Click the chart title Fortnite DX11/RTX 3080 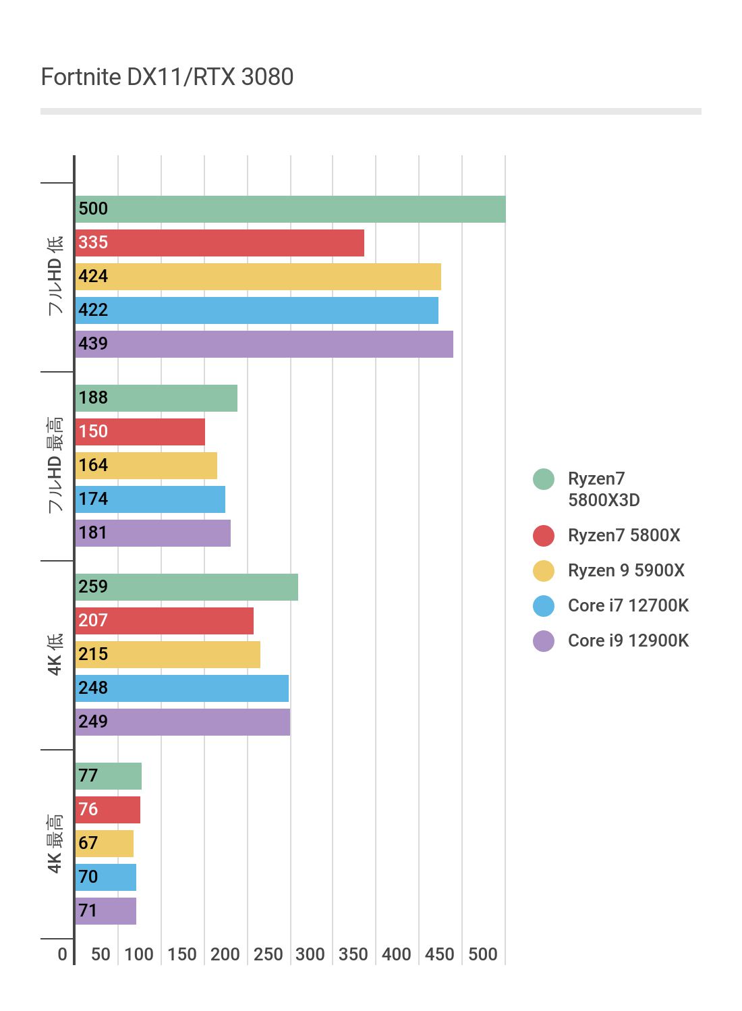[x=167, y=77]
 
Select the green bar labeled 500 [x=290, y=209]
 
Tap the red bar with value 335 [x=219, y=243]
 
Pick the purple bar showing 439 [x=264, y=344]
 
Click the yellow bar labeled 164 [x=146, y=466]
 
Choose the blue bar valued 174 [x=150, y=499]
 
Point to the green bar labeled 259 [x=186, y=587]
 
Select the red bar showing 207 [x=164, y=621]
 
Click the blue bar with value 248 [x=181, y=688]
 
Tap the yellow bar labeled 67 [x=104, y=844]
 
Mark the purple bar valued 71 [x=105, y=911]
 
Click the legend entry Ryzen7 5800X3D [x=603, y=489]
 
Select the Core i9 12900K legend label [x=628, y=640]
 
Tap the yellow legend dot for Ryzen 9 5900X [x=544, y=571]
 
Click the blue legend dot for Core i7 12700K [x=544, y=606]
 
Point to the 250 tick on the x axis [x=268, y=954]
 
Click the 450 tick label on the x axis [x=439, y=954]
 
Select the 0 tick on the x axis [x=63, y=954]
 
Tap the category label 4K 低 [x=55, y=655]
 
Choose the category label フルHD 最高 [x=55, y=466]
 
